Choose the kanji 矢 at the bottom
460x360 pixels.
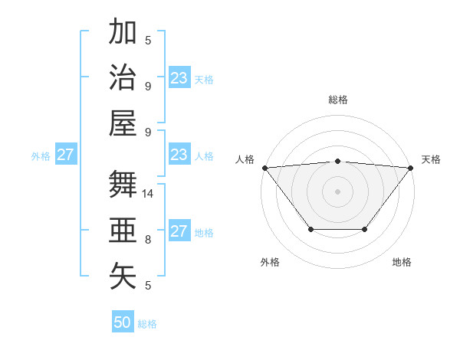(x=123, y=276)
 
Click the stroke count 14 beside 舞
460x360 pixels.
(x=149, y=194)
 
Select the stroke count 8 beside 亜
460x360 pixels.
(x=148, y=240)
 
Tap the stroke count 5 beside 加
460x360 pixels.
(x=148, y=41)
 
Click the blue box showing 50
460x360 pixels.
(x=123, y=322)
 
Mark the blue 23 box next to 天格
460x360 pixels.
(x=179, y=78)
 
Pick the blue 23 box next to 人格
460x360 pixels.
(x=179, y=155)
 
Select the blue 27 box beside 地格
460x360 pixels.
(x=179, y=231)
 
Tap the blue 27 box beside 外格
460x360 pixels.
(x=65, y=155)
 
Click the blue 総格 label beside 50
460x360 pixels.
(x=147, y=324)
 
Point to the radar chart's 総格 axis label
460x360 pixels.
(x=337, y=100)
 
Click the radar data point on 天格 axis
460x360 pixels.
(x=411, y=167)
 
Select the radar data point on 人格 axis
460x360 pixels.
(x=264, y=167)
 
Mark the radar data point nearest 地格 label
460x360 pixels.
(x=365, y=229)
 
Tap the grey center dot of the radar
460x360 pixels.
(x=337, y=191)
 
